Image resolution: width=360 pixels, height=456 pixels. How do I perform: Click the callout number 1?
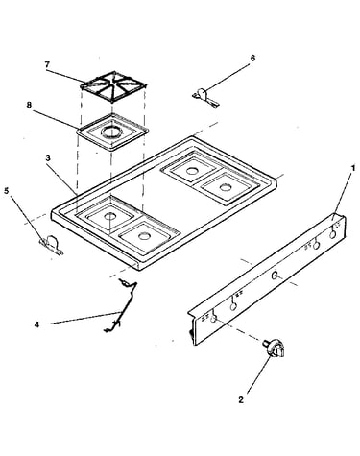[353, 168]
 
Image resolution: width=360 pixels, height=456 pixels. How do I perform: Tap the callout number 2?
[241, 399]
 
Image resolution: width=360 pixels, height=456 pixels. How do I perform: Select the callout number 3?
[48, 157]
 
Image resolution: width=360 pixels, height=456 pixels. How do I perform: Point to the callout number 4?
[36, 324]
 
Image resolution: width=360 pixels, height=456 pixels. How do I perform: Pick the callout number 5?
[7, 191]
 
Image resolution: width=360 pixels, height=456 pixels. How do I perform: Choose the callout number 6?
[252, 59]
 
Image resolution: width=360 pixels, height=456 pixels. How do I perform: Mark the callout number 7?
[47, 64]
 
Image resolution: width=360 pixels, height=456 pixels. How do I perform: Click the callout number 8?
[29, 105]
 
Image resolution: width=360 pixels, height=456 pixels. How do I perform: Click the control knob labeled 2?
[275, 349]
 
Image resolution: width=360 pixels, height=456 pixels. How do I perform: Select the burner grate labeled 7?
[113, 87]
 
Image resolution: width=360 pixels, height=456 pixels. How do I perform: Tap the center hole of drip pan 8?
[110, 132]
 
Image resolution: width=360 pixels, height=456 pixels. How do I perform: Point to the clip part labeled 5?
[51, 245]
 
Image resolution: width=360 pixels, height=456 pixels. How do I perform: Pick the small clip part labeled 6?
[205, 97]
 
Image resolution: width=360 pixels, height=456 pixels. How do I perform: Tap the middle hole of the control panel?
[275, 276]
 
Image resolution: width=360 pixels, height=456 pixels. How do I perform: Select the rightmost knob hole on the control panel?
[333, 234]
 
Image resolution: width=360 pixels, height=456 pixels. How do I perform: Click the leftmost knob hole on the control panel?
[214, 319]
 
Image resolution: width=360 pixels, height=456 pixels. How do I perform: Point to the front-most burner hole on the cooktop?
[142, 236]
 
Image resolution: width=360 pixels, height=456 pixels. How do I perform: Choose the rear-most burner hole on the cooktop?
[191, 171]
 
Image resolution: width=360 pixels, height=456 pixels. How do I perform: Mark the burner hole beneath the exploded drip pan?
[109, 216]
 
